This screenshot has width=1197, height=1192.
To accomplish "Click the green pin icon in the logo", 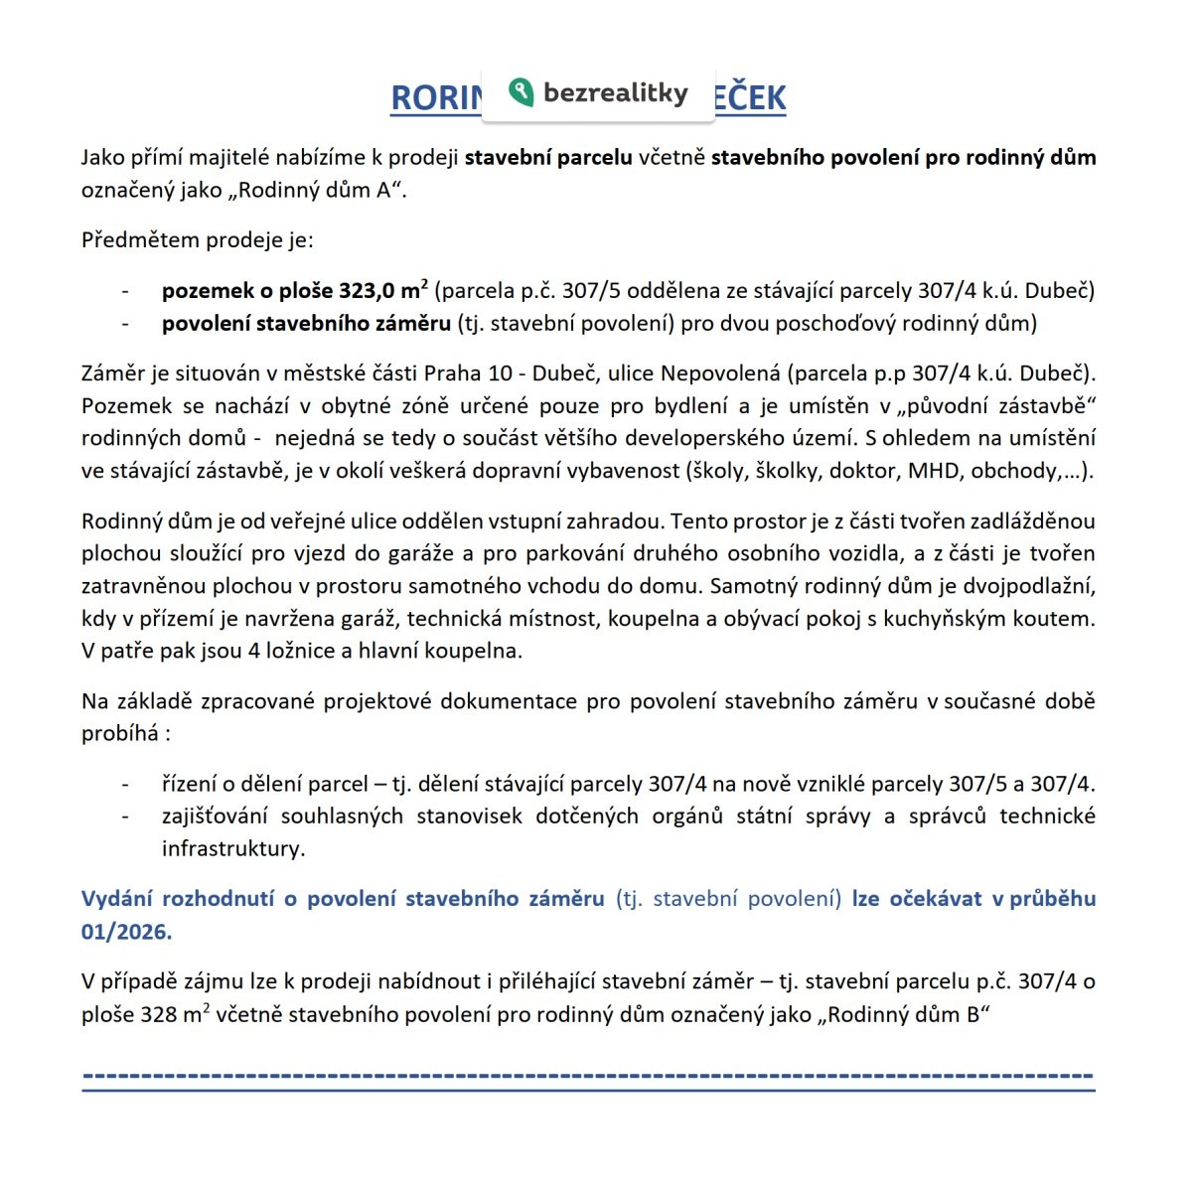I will pos(521,92).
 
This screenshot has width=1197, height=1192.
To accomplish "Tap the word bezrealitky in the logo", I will pos(616,93).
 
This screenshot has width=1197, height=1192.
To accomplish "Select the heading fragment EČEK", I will pos(750,98).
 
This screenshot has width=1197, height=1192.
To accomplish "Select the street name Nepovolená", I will pos(723,373).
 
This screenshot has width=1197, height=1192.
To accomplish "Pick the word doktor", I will pos(862,471).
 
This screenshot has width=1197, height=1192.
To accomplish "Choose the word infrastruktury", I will pos(232,848).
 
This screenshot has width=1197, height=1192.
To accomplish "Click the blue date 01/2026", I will pos(126,931).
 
